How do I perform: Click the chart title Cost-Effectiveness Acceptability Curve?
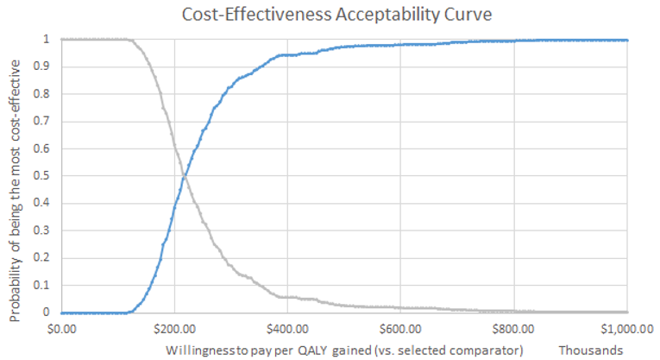click(343, 14)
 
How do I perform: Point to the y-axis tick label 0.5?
click(45, 176)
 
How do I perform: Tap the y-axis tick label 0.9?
click(45, 66)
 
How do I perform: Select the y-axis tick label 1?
click(48, 40)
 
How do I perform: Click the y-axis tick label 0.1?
click(45, 286)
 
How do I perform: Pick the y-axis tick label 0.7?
click(45, 122)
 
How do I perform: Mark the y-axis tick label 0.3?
click(45, 231)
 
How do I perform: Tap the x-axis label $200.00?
click(174, 329)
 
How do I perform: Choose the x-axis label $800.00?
click(514, 329)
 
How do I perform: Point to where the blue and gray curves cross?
click(185, 177)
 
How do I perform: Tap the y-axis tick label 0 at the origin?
click(48, 313)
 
